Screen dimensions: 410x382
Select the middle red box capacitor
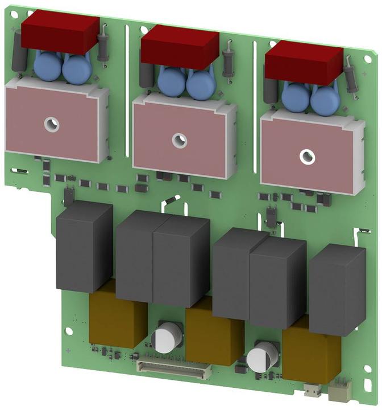point(180,47)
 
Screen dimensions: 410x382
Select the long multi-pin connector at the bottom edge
point(171,367)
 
